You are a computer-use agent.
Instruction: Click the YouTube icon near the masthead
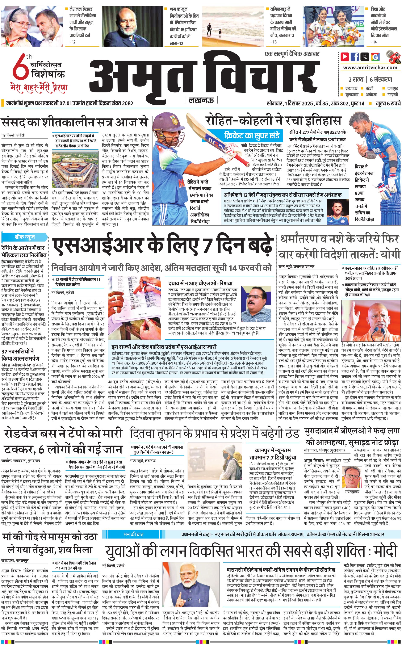point(345,57)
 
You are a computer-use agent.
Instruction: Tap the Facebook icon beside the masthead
point(355,57)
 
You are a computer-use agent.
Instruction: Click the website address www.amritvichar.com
point(370,68)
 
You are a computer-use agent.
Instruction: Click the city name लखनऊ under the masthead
point(201,100)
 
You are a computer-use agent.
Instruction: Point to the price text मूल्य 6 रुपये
point(388,103)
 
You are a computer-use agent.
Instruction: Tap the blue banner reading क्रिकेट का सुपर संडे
point(252,136)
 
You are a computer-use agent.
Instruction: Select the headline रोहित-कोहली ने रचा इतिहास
point(273,121)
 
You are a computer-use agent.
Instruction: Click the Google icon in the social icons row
point(375,57)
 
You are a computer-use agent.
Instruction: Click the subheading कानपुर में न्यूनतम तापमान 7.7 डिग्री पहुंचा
point(273,454)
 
